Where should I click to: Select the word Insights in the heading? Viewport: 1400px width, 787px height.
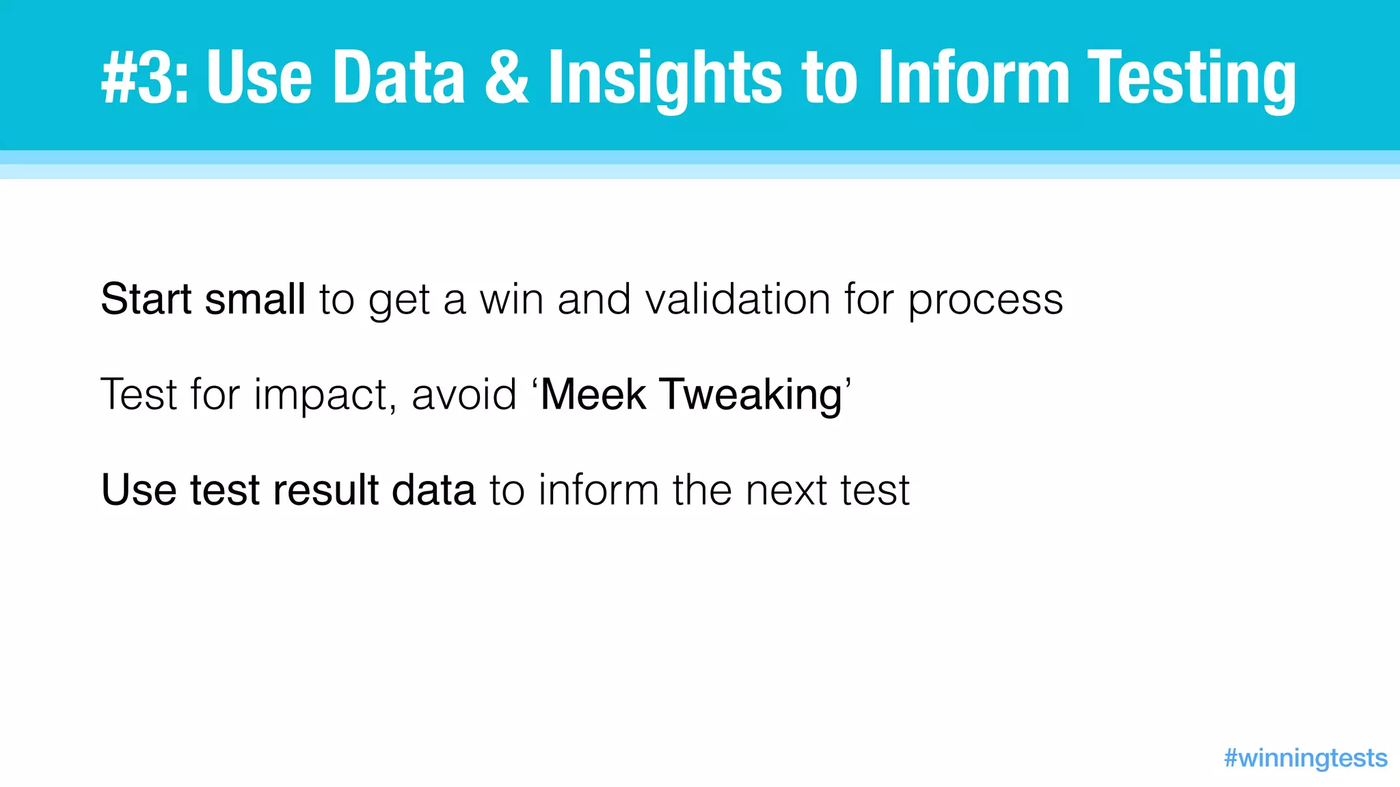point(664,78)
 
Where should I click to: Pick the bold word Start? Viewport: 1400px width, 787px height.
point(146,299)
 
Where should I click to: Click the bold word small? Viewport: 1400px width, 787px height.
point(255,299)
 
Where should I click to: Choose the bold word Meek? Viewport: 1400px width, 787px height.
point(593,395)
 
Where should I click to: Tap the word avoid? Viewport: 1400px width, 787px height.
point(463,395)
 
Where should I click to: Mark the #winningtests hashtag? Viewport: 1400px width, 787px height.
point(1305,758)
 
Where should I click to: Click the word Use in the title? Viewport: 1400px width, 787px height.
point(258,78)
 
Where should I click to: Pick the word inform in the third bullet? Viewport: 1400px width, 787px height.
point(598,490)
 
